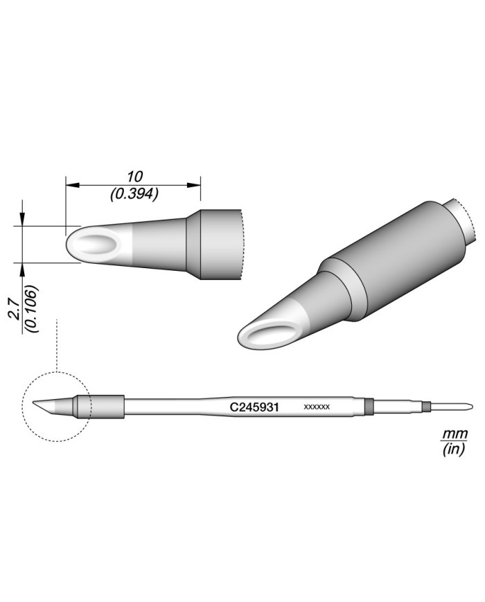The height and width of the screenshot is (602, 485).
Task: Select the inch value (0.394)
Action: coord(134,195)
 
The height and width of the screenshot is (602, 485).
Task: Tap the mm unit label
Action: coord(455,435)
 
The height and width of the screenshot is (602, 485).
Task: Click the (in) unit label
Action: coord(455,450)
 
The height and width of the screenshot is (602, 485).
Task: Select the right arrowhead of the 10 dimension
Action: coord(195,185)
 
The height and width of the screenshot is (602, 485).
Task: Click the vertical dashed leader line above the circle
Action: coord(58,346)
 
